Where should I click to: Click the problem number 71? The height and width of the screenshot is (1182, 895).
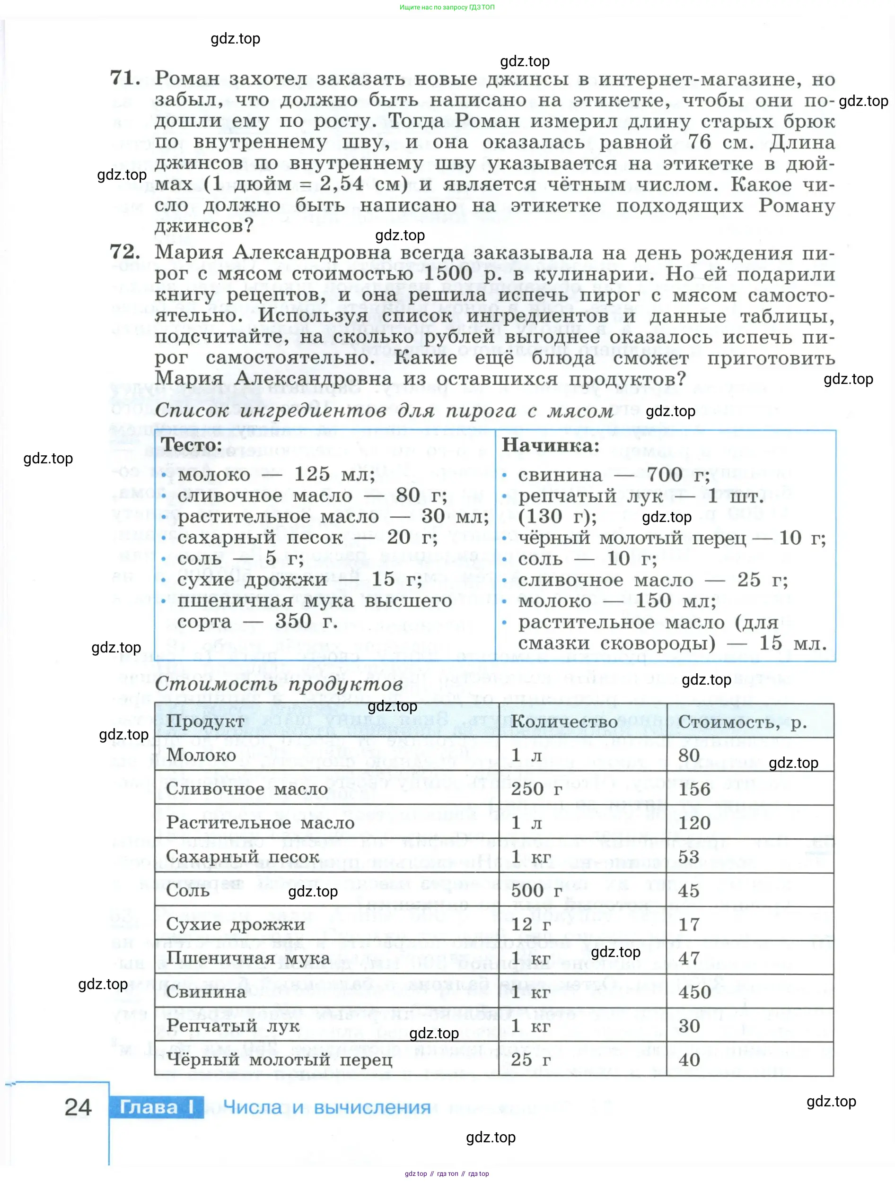(125, 78)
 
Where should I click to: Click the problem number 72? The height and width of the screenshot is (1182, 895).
(125, 252)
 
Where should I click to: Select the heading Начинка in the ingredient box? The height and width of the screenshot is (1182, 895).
(550, 445)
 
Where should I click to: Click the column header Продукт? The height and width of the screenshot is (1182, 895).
(205, 721)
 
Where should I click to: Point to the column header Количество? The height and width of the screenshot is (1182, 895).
(564, 721)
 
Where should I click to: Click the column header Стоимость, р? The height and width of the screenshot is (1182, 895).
(742, 722)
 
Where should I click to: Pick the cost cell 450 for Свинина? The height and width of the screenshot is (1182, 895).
(694, 992)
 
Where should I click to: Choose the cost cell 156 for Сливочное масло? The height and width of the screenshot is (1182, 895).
(694, 789)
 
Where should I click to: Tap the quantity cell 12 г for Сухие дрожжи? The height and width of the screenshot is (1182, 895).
(530, 924)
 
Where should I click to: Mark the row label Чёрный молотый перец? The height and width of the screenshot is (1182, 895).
(279, 1060)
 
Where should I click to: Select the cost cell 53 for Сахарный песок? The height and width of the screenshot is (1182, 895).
(689, 857)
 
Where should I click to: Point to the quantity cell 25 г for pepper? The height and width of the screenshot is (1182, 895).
(530, 1060)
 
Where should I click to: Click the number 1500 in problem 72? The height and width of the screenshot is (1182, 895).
(448, 274)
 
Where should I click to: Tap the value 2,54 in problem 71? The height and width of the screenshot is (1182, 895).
(342, 184)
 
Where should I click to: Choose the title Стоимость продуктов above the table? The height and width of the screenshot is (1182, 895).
(279, 685)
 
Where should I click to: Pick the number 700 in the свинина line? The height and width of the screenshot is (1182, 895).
(664, 475)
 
